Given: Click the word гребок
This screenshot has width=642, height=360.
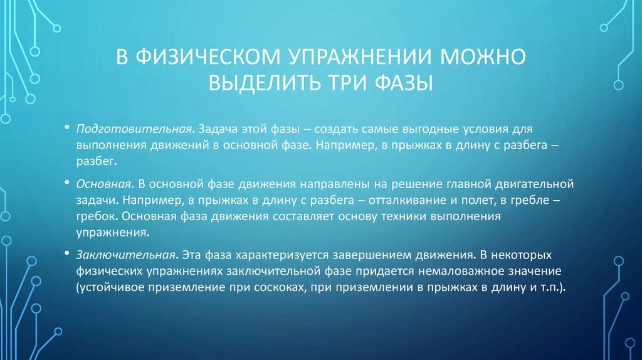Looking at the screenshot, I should click(95, 217).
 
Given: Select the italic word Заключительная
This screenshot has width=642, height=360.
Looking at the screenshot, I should click(125, 257).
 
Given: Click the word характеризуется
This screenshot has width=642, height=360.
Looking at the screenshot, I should click(266, 257).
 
